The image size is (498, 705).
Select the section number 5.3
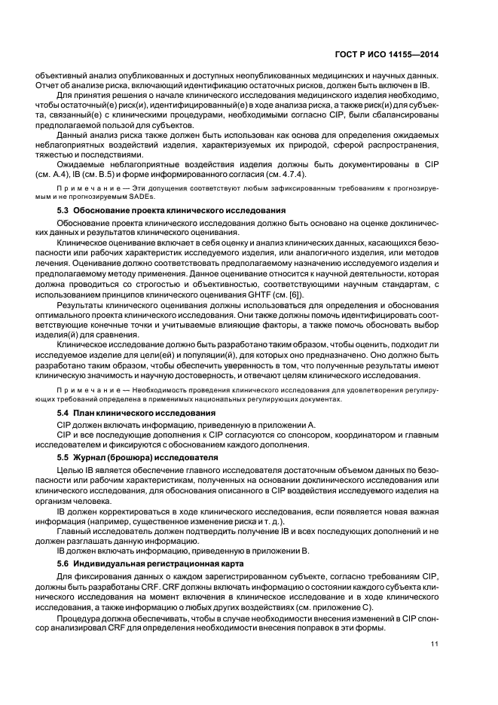tap(64, 209)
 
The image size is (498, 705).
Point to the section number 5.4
tap(64, 414)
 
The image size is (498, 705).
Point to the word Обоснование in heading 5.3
tap(105, 209)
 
